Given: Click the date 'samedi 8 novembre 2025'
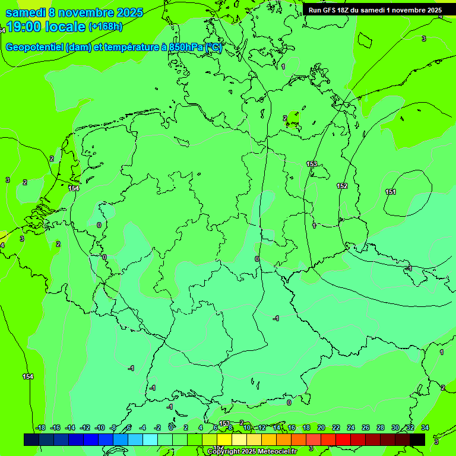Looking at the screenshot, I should coord(75,12).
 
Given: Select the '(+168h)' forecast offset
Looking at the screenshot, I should coord(105,27).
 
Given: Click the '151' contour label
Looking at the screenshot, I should coord(390,192).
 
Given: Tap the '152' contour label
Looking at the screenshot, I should coord(342,186).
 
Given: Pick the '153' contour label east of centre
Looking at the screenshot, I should coord(311,164).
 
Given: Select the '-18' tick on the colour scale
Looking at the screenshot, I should coord(40,427).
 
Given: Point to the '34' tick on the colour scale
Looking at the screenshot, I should coord(425,427).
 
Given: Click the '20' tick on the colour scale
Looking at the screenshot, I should coord(321,427).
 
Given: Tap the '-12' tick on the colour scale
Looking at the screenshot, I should coord(84,427).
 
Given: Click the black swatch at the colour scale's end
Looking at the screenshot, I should coord(417,439).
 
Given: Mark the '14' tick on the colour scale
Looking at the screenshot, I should coord(277,427).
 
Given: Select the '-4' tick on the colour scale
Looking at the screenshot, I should coord(142,427).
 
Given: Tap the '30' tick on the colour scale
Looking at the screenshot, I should coord(395,427).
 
